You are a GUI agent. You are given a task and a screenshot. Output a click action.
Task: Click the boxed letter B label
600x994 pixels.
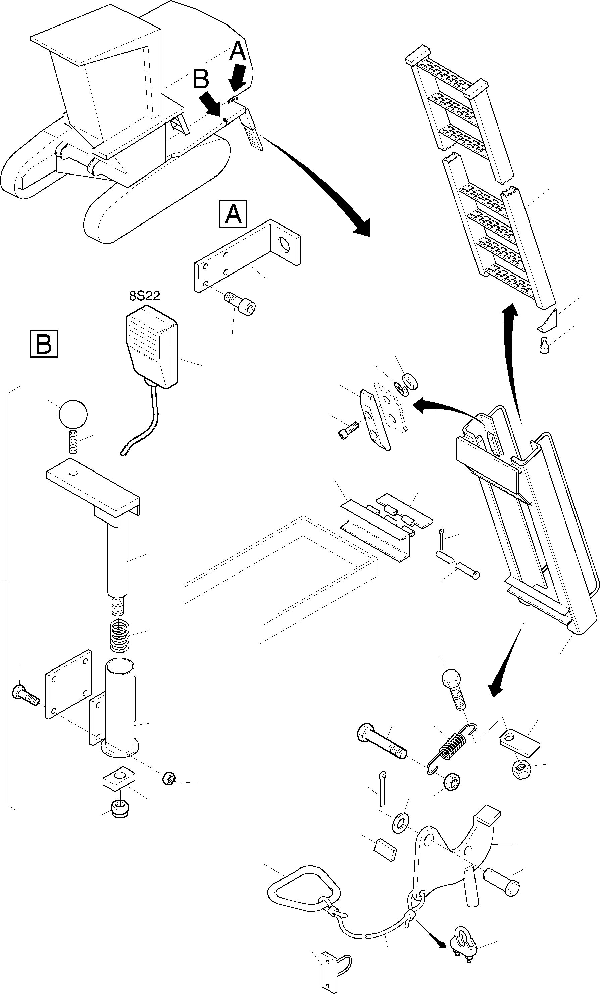click(x=44, y=344)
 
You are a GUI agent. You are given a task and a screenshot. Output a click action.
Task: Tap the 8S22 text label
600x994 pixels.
click(x=144, y=296)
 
